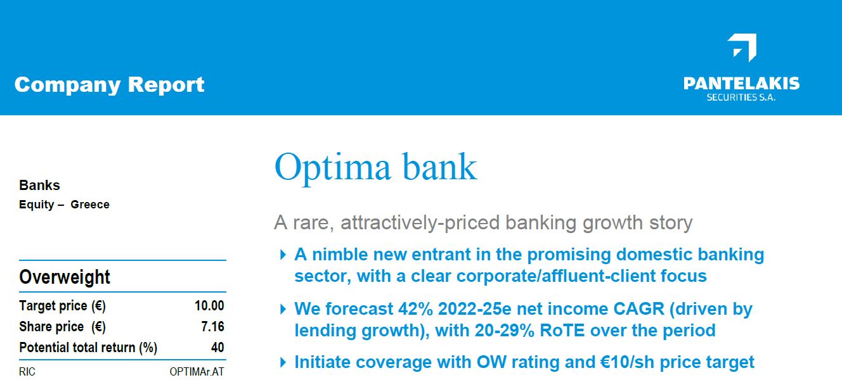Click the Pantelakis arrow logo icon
tap(742, 47)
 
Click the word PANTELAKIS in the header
tap(741, 84)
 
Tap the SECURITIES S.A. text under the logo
tap(741, 98)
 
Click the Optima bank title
tap(375, 167)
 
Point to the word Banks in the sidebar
tap(39, 185)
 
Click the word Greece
tap(90, 205)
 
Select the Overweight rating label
tap(64, 277)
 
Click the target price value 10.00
tap(209, 306)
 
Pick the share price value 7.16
tap(212, 326)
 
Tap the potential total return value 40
tap(217, 347)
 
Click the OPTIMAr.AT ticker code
tap(197, 372)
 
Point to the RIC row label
tap(27, 372)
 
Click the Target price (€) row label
tap(62, 306)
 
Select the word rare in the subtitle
tap(313, 223)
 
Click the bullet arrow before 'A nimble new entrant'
tap(283, 255)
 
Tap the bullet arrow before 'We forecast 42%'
tap(283, 310)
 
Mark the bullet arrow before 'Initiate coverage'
tap(283, 363)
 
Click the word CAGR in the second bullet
tap(638, 309)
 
